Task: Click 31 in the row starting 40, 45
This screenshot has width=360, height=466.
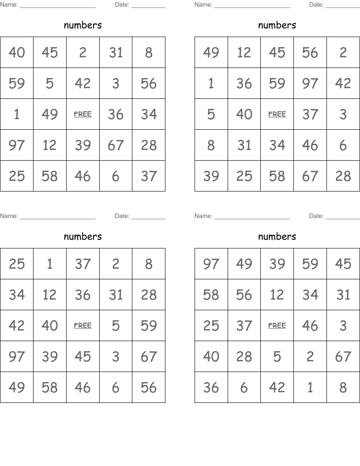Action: (x=116, y=53)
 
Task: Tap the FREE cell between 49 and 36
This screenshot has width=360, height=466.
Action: (x=82, y=114)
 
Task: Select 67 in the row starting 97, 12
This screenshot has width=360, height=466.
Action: (x=116, y=145)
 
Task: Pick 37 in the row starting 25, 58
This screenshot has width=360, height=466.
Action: (x=149, y=176)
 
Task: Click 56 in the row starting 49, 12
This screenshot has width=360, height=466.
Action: (x=310, y=53)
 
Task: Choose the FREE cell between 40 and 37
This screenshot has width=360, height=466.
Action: (x=277, y=114)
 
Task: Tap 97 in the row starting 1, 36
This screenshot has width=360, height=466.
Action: (x=310, y=83)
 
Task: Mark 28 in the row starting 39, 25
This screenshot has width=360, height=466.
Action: (x=343, y=176)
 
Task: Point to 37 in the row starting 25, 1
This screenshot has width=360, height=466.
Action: (x=82, y=264)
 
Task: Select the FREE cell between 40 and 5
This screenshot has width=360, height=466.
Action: (x=82, y=326)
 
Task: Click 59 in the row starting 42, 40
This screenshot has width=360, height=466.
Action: (x=149, y=326)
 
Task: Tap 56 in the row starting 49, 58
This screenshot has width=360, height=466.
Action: (x=149, y=387)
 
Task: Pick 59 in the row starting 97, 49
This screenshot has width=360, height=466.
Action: (x=310, y=264)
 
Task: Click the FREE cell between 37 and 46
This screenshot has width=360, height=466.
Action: (x=277, y=326)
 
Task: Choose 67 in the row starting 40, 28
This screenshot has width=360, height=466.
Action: (x=343, y=357)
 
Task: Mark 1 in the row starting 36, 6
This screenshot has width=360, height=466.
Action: (x=310, y=387)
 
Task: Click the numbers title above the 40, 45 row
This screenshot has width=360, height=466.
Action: (x=82, y=25)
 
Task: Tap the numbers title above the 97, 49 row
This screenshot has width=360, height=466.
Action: (x=277, y=237)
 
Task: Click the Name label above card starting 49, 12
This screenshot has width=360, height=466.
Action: (x=203, y=5)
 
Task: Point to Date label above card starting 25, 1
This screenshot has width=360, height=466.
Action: (x=122, y=216)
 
